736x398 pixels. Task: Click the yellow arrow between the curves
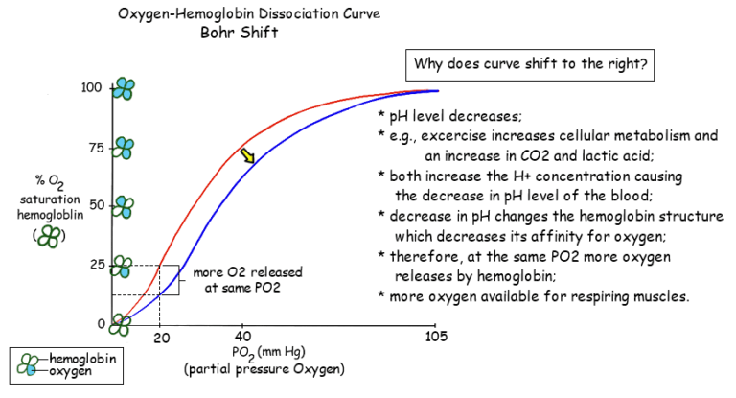pos(248,155)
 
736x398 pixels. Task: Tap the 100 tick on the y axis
pos(91,88)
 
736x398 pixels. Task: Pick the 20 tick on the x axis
pos(160,337)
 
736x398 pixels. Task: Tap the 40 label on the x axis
pos(242,337)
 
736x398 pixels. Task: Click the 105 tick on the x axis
pos(436,337)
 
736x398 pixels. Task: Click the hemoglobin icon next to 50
pos(124,205)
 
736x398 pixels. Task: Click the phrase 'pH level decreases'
pos(448,117)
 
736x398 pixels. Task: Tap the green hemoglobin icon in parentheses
pos(45,236)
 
